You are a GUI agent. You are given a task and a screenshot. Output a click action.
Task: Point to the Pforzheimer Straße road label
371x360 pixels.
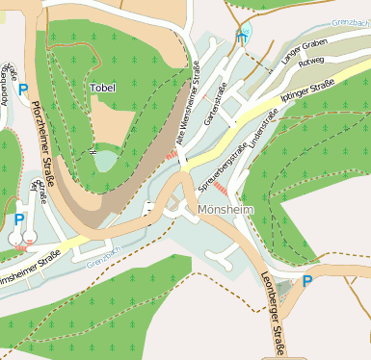43,153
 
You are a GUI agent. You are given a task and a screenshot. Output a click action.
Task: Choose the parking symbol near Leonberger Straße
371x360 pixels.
307,281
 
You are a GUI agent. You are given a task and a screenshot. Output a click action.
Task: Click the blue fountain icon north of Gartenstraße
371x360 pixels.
243,38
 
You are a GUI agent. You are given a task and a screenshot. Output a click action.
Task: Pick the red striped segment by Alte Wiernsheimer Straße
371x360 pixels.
172,153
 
